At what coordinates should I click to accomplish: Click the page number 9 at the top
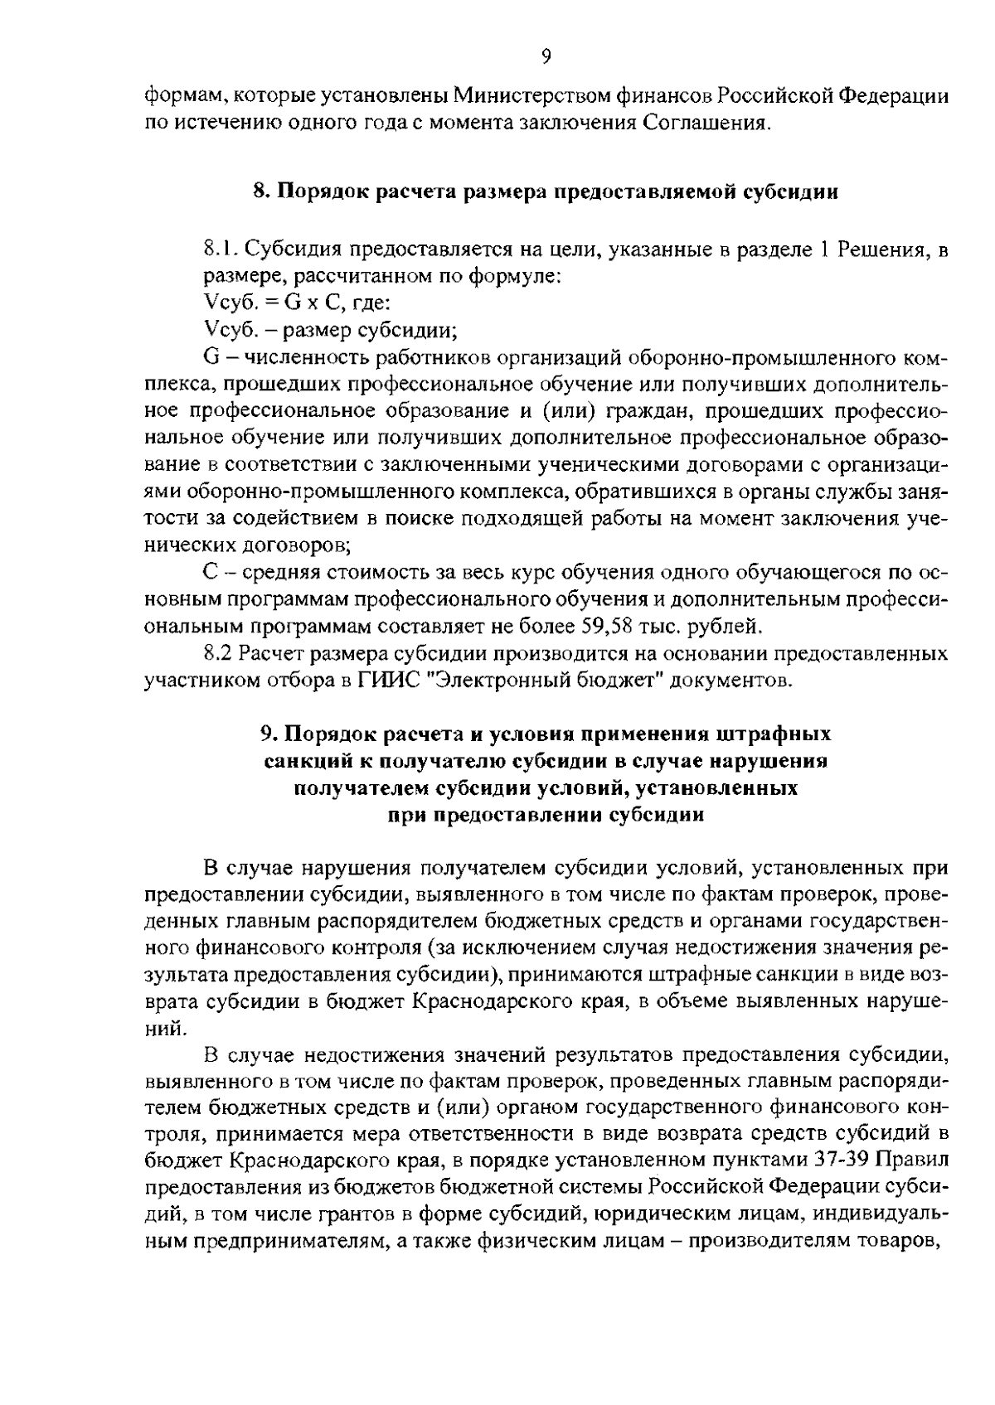pyautogui.click(x=546, y=57)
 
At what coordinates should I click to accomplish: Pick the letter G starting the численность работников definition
pyautogui.click(x=210, y=357)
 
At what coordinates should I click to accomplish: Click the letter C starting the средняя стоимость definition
pyautogui.click(x=210, y=573)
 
